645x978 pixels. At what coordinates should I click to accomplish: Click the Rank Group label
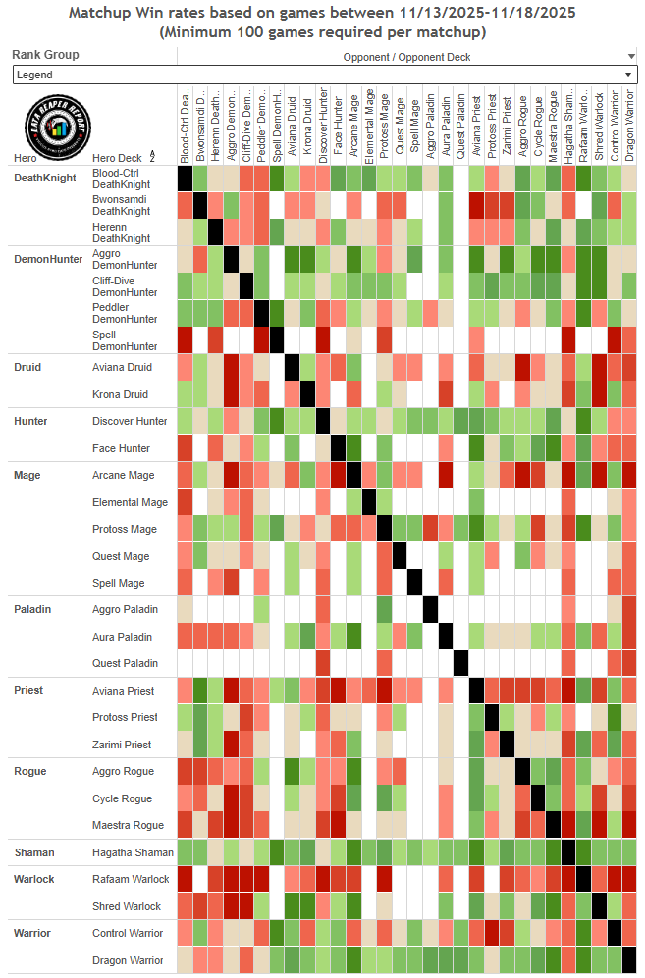click(46, 55)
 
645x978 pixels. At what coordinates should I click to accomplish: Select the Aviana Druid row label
click(121, 367)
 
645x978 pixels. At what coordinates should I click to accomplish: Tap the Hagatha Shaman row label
click(134, 852)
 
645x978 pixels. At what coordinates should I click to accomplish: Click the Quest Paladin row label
click(125, 663)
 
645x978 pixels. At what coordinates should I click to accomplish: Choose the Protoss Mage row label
click(125, 529)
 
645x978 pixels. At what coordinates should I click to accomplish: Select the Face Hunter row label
click(122, 448)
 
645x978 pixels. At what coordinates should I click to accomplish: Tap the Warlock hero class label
click(34, 879)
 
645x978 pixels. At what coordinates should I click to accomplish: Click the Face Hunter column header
click(339, 128)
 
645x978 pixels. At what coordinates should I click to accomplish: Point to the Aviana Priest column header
click(477, 128)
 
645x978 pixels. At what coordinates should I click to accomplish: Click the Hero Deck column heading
click(115, 158)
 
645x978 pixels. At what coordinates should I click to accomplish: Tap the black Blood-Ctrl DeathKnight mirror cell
click(185, 178)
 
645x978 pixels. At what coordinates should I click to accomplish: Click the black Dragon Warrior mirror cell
click(629, 959)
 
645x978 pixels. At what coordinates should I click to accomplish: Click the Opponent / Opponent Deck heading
click(406, 57)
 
